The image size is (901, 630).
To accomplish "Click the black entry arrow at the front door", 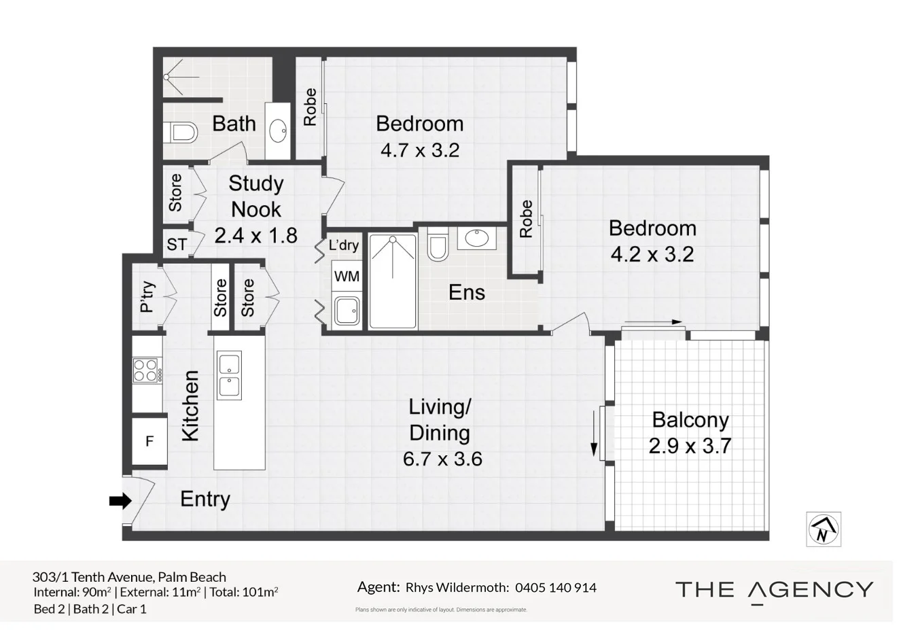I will [x=120, y=502].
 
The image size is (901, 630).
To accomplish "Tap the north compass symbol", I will [x=824, y=529].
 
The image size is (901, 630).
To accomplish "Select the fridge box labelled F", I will [x=149, y=441].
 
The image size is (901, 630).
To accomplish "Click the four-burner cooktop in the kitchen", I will [x=147, y=370].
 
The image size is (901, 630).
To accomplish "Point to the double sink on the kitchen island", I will [x=228, y=376].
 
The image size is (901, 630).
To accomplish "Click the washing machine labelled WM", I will [x=347, y=277].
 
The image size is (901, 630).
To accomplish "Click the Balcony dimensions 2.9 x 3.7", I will [x=690, y=446].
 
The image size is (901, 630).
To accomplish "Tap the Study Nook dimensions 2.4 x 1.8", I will [x=255, y=235].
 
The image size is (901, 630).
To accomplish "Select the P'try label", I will [x=147, y=297].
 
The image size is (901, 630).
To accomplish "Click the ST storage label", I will [x=177, y=244].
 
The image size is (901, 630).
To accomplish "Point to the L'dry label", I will [x=343, y=245].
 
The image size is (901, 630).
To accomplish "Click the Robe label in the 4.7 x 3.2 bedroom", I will [x=310, y=107].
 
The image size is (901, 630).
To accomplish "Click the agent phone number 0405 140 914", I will [x=556, y=587].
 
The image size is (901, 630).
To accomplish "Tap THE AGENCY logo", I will [x=774, y=590].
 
